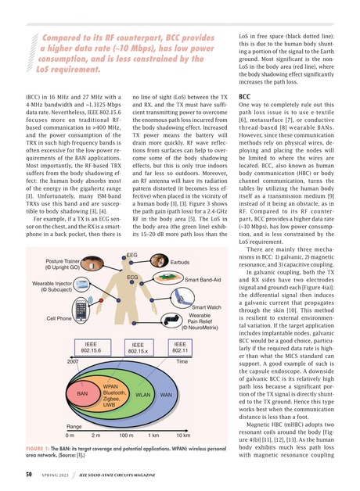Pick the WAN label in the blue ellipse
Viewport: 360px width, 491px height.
166,395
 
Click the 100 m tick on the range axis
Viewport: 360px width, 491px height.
125,435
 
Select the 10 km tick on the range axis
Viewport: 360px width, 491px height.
183,435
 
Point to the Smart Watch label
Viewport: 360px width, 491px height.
205,308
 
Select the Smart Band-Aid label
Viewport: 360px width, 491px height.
206,279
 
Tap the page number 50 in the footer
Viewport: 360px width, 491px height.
28,473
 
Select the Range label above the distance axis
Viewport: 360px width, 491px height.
74,425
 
